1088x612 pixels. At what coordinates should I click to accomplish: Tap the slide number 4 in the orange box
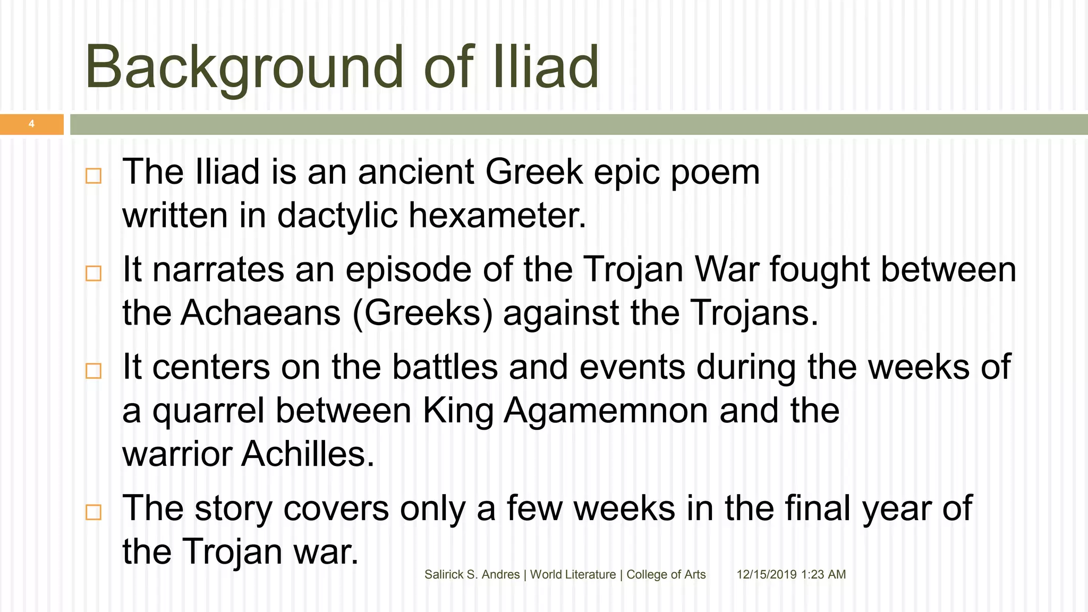31,124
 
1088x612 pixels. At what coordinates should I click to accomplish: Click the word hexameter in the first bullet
497,216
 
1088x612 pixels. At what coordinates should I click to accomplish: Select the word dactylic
337,216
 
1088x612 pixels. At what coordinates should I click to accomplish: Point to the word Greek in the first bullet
534,172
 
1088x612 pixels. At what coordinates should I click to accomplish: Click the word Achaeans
260,313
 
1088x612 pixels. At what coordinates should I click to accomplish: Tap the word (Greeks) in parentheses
422,313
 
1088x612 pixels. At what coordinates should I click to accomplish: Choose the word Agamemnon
606,411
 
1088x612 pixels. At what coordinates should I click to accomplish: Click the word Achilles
308,455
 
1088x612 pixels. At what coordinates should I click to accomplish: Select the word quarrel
208,411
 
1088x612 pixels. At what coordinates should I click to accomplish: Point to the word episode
408,269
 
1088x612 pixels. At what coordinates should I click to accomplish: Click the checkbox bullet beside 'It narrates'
93,273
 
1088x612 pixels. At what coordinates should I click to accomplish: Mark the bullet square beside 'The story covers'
93,512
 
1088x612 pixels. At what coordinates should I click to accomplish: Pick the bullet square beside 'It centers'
93,371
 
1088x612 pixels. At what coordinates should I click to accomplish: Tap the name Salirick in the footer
444,574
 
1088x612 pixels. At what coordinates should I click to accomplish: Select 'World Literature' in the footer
573,574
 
